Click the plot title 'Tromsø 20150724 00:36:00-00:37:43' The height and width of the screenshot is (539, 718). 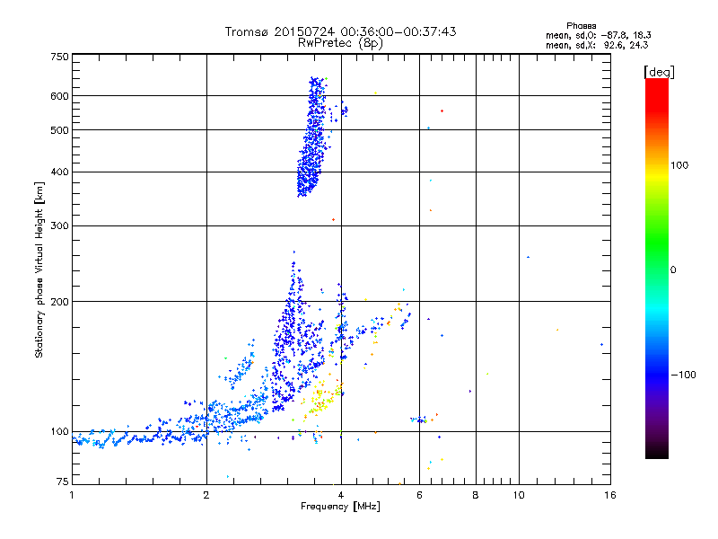click(x=340, y=31)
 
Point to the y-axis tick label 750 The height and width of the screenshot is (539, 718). click(x=60, y=56)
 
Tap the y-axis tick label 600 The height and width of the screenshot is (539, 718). click(x=60, y=96)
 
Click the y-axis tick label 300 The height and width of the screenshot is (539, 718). click(x=60, y=226)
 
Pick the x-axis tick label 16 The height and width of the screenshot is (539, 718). click(x=609, y=494)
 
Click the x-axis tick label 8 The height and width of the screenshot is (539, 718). click(x=476, y=494)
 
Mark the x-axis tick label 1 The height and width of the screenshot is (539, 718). click(x=72, y=494)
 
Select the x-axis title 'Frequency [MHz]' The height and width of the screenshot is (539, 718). click(x=340, y=507)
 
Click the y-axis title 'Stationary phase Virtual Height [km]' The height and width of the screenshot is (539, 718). click(x=39, y=269)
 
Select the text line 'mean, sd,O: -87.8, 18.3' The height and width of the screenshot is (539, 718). click(x=598, y=35)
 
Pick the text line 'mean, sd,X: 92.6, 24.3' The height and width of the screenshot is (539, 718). click(x=598, y=44)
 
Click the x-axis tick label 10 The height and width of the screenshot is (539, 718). click(x=518, y=494)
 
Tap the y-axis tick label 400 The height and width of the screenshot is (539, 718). click(x=60, y=172)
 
